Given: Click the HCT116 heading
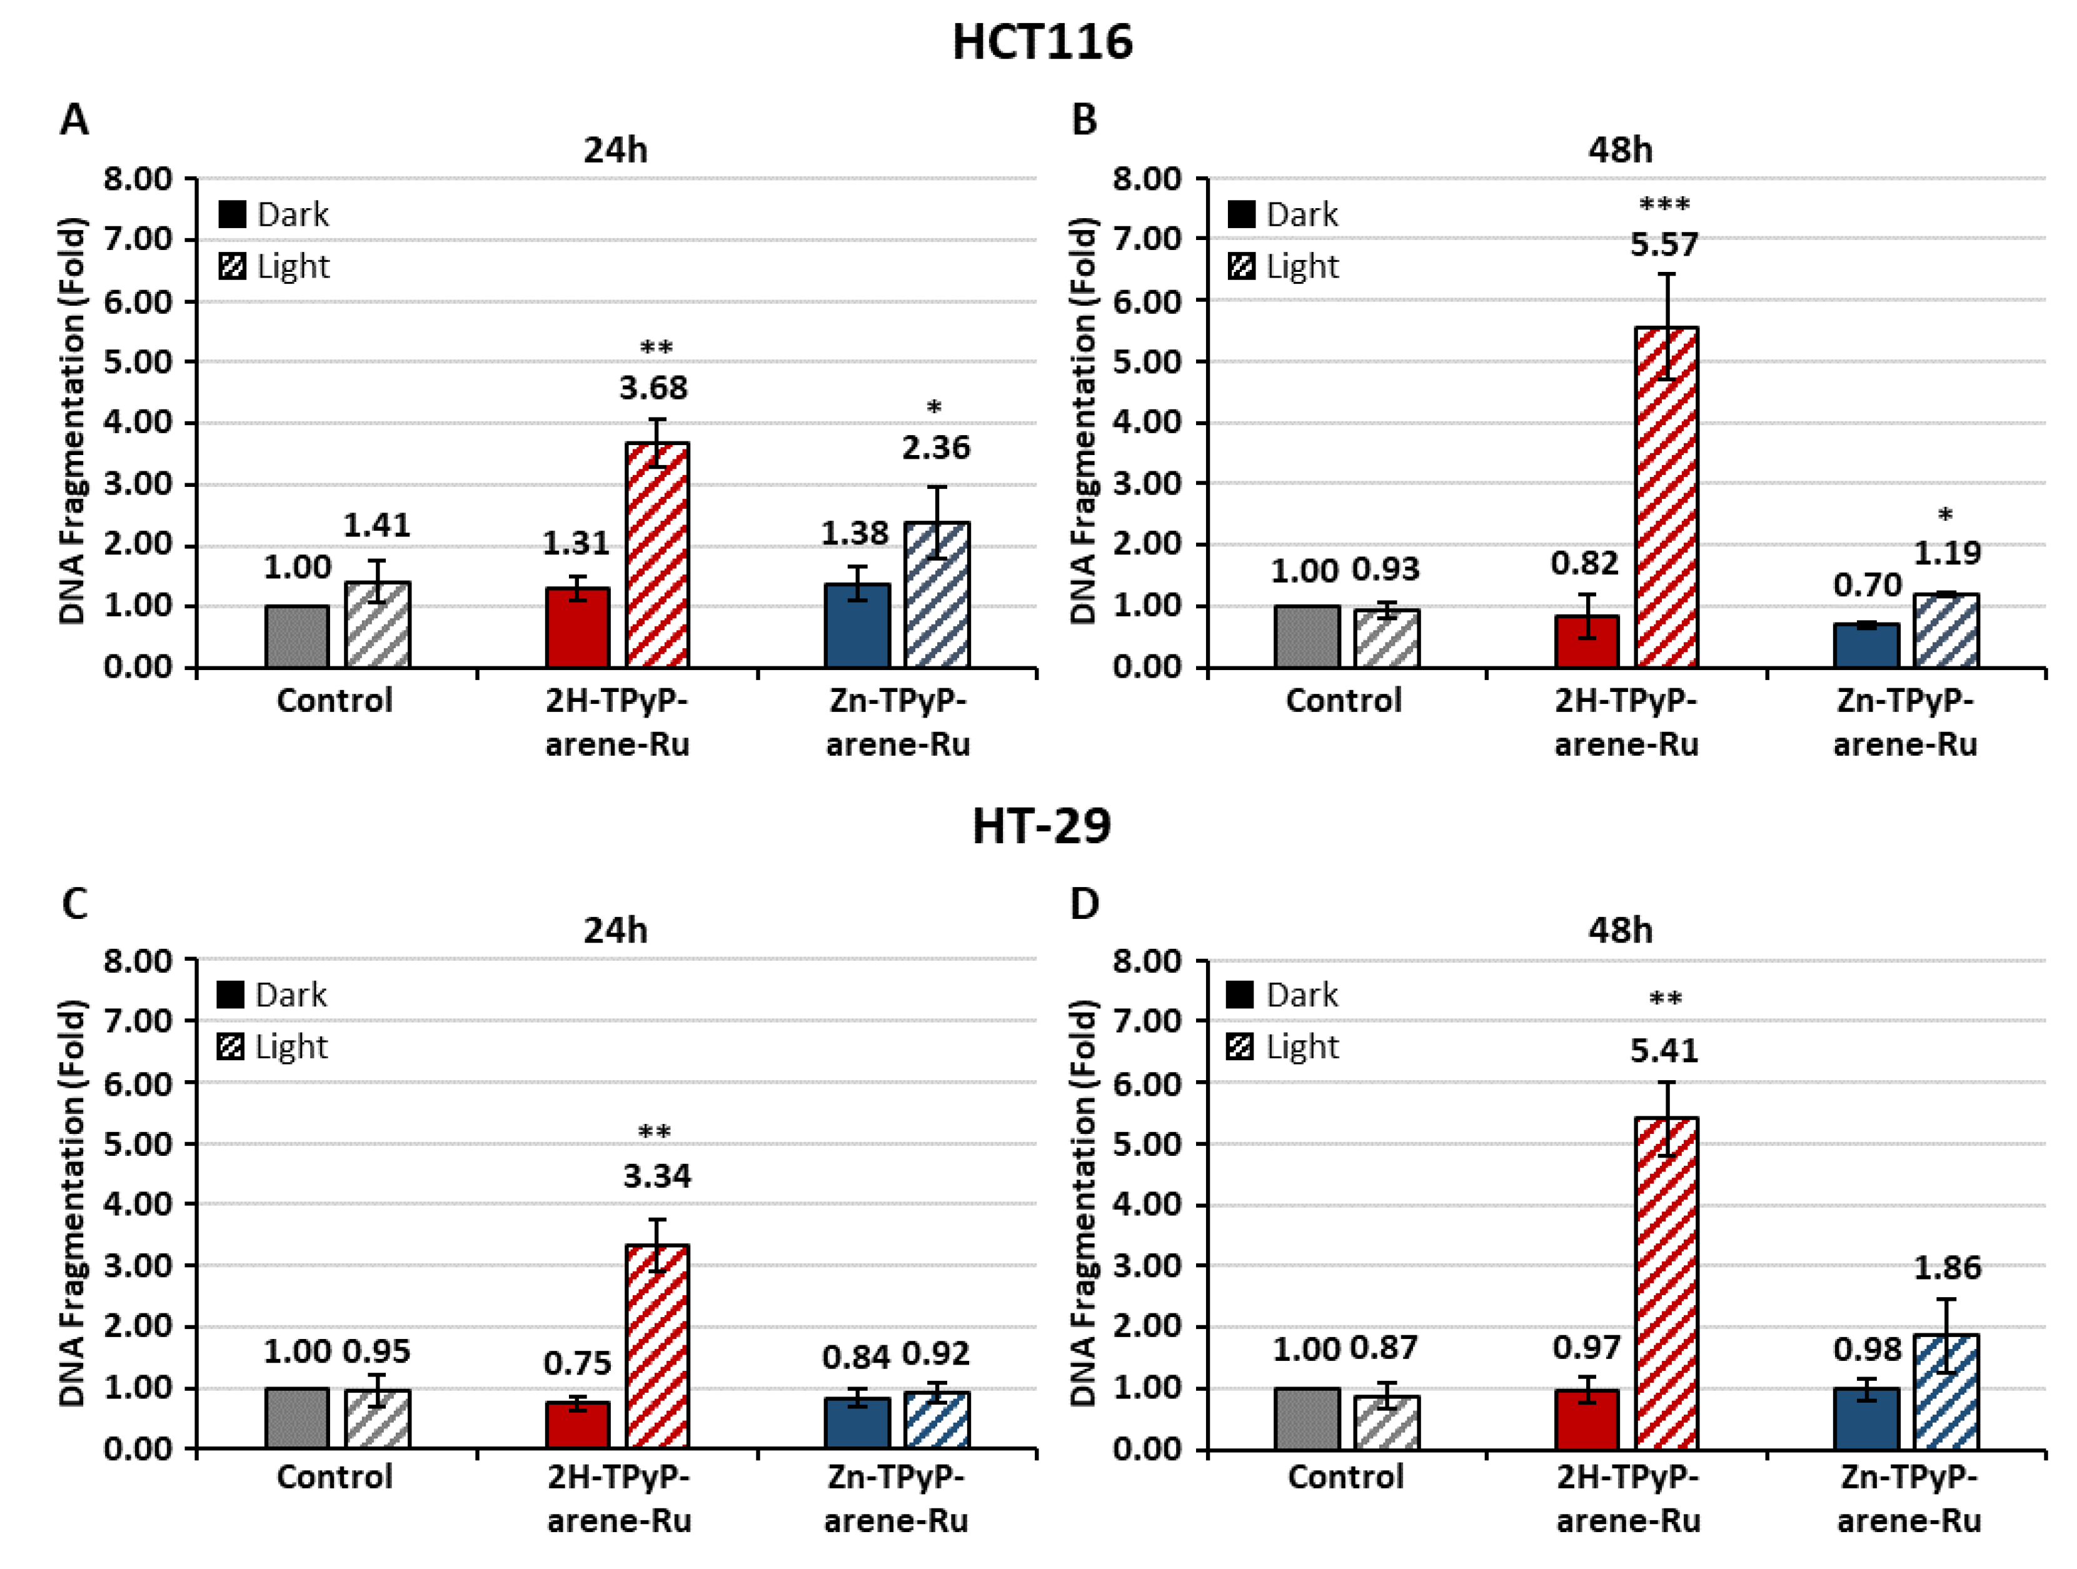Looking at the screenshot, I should click(x=1042, y=43).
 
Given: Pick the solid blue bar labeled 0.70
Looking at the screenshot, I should click(x=1867, y=645).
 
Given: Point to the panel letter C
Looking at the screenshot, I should click(x=74, y=903).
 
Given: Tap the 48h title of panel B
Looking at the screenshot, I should click(x=1620, y=150).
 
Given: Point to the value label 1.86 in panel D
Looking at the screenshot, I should click(x=1948, y=1268).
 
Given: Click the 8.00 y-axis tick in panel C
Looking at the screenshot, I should click(x=138, y=961).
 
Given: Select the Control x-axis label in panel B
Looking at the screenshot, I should click(x=1344, y=701).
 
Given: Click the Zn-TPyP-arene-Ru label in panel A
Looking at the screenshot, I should click(x=898, y=722).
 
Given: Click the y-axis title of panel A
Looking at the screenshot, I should click(x=73, y=421).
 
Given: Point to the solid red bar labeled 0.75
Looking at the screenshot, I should click(x=578, y=1425).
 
